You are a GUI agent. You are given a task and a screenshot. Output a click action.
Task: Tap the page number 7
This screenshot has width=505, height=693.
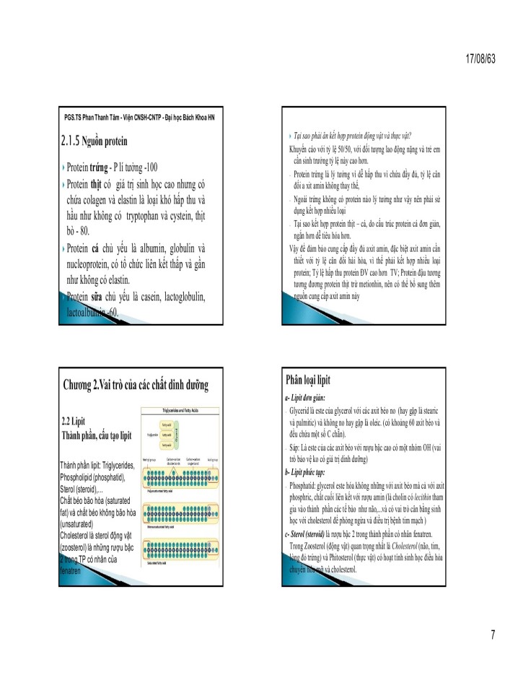coord(492,635)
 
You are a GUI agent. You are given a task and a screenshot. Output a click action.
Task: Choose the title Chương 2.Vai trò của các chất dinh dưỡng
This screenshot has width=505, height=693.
coord(136,386)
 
